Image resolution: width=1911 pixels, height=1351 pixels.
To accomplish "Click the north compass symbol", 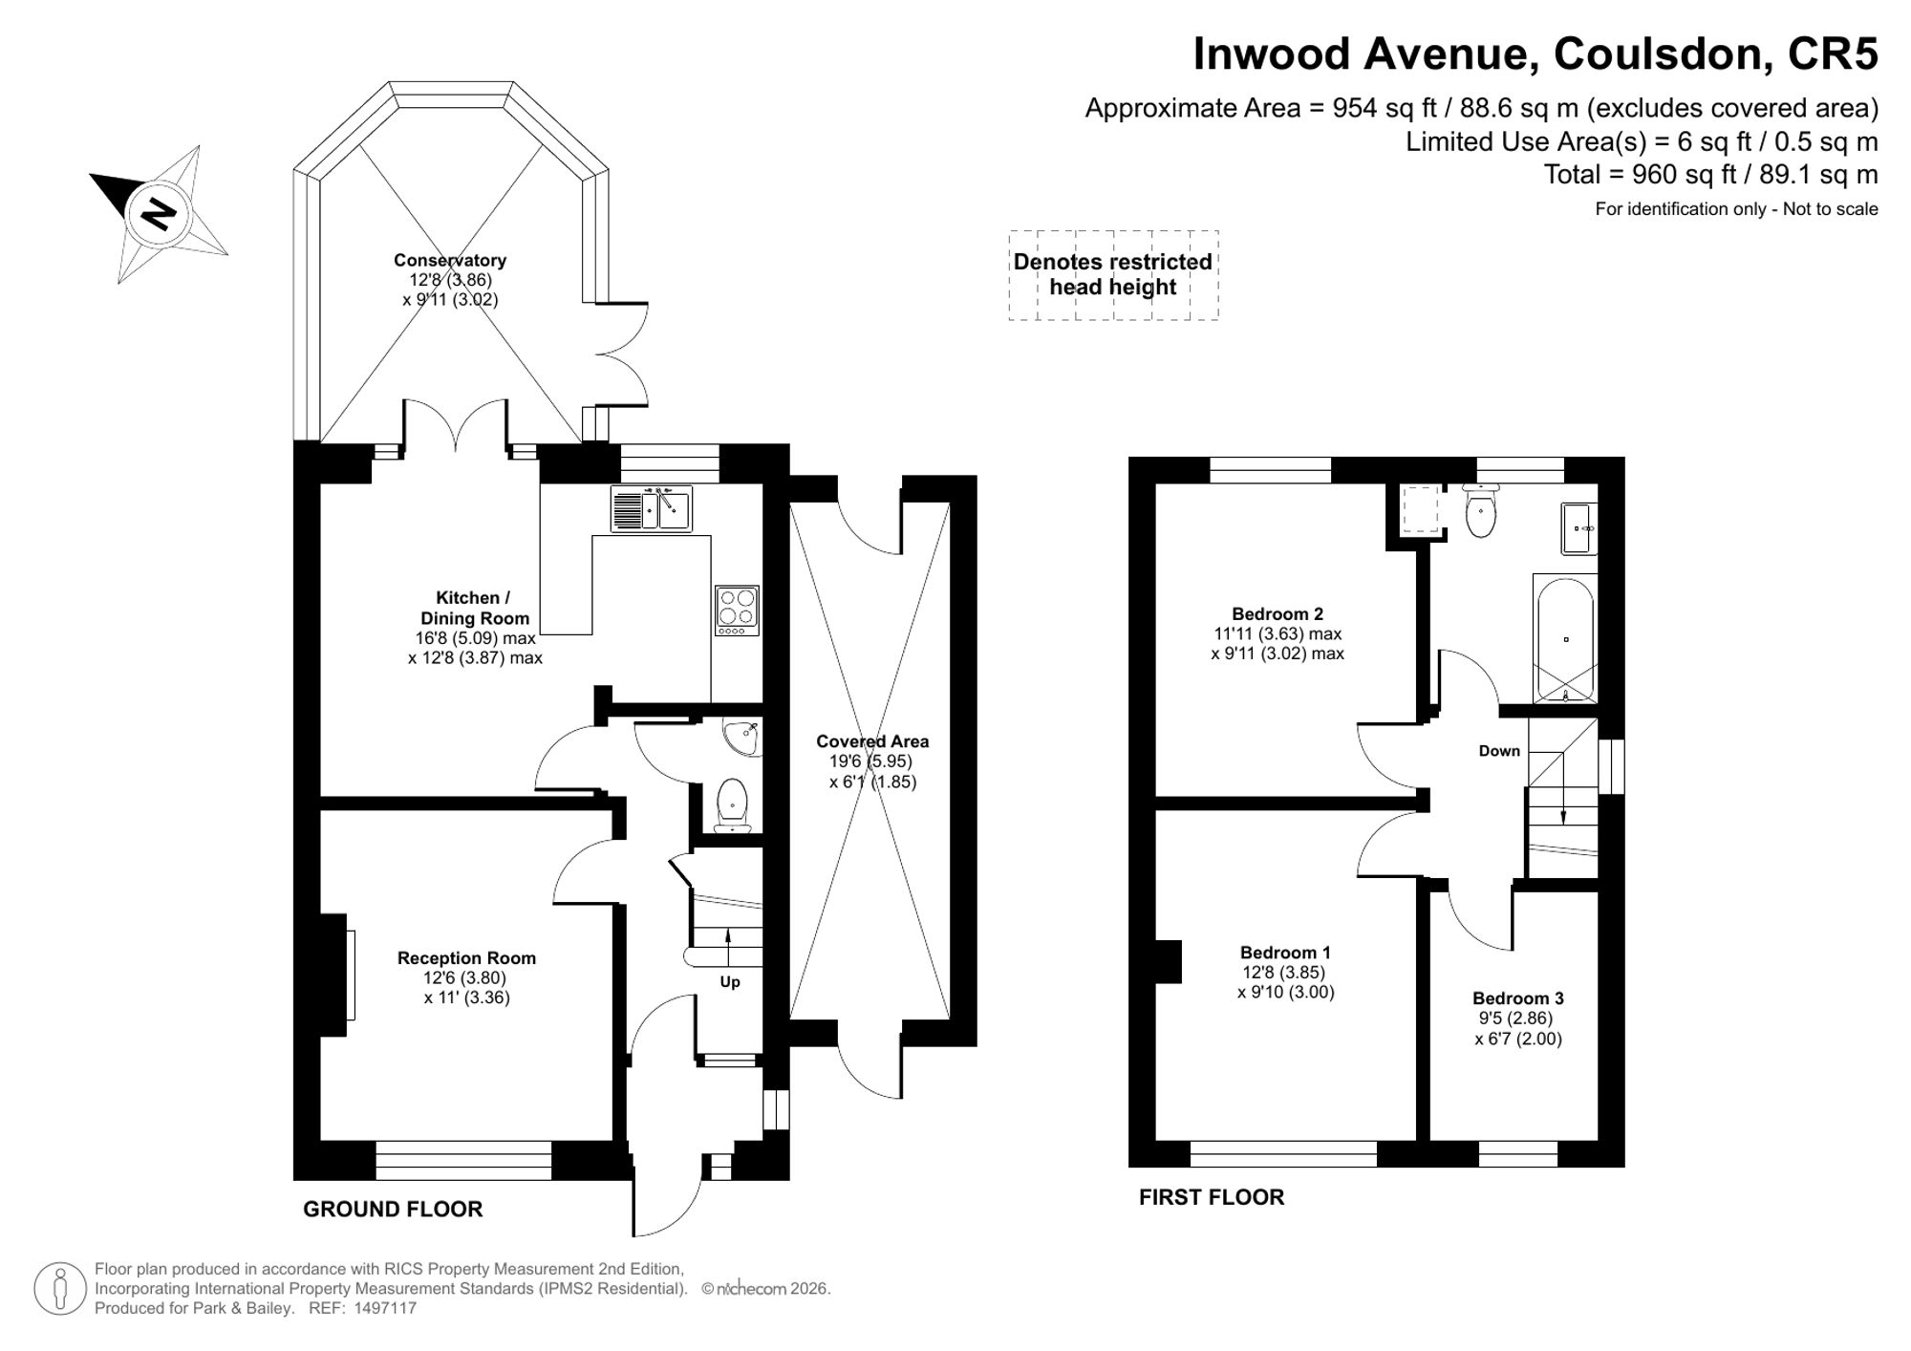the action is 159,213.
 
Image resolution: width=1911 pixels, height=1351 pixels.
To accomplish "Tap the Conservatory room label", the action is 450,260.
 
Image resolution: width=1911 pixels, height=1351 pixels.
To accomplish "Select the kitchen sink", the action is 652,508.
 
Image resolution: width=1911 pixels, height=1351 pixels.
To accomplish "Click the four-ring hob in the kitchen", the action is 737,611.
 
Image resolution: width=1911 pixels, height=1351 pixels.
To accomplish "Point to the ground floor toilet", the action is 732,805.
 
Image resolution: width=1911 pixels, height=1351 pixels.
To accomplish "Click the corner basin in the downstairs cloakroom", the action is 743,737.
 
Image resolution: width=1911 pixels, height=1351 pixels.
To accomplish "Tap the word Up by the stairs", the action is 730,981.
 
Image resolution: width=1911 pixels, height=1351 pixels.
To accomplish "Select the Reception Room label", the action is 466,957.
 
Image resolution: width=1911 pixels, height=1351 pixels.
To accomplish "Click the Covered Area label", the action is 872,740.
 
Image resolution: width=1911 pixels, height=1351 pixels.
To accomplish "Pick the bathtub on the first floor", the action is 1564,639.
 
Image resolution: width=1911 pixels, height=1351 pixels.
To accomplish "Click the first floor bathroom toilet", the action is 1481,510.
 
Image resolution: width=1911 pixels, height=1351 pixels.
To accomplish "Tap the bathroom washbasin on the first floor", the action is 1578,528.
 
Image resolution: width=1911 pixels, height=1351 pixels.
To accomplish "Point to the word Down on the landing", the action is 1499,751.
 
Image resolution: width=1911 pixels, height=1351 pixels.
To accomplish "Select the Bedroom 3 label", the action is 1518,998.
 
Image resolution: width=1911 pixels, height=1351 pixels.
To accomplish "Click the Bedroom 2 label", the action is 1278,613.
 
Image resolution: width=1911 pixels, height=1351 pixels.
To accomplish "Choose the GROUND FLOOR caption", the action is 393,1209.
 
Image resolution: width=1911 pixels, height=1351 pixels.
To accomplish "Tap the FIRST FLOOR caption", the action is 1212,1197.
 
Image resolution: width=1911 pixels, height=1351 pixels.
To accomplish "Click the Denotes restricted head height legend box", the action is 1113,274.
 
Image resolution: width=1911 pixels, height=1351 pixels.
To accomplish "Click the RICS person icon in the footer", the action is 61,1288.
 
